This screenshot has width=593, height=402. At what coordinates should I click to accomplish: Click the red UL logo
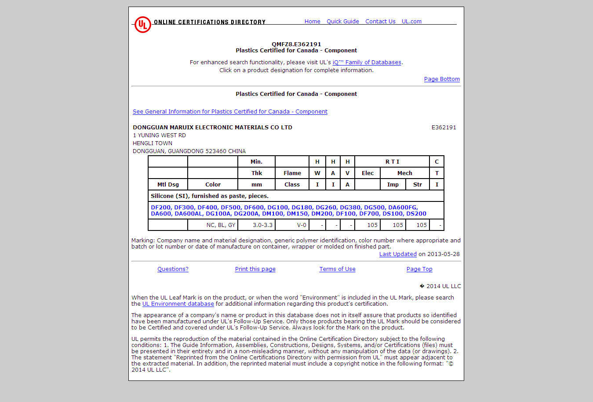pos(142,25)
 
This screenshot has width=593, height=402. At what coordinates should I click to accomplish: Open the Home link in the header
pos(312,22)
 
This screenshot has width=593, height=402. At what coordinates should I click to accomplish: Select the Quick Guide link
pos(342,22)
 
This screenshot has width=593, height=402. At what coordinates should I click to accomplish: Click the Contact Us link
pos(380,22)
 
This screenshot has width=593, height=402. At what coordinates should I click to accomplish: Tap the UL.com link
pos(411,22)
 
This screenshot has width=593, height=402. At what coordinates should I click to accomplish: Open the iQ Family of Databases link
pos(367,62)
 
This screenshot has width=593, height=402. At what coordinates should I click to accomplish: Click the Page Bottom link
pos(441,79)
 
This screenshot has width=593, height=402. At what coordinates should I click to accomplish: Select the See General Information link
pos(230,112)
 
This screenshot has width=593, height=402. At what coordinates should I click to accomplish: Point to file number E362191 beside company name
pos(444,128)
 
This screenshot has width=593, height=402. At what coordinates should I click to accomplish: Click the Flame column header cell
pos(292,173)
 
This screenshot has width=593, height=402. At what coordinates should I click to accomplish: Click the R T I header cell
pos(392,162)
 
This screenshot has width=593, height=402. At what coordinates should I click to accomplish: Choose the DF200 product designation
pos(160,208)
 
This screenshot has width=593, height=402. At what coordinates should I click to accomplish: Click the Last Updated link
pos(398,254)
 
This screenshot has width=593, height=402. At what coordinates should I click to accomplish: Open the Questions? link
pos(173,269)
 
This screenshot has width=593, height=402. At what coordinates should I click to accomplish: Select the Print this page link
pos(255,269)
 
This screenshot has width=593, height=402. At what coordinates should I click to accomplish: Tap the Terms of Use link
pos(337,269)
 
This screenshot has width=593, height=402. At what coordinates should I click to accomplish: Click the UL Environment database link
pos(178,304)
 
